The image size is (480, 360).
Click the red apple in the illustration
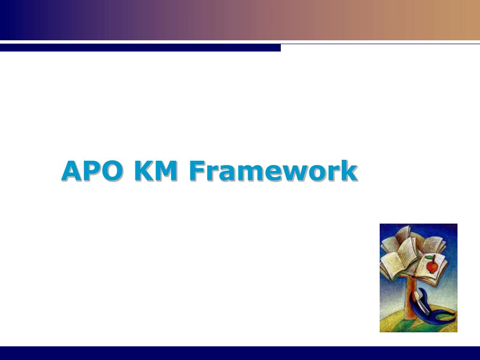pos(432,267)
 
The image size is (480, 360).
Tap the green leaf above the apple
pos(433,257)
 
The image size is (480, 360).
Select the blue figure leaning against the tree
pos(424,309)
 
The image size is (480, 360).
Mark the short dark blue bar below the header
pos(140,47)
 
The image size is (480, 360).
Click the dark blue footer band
pos(240,353)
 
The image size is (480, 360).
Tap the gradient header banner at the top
pos(240,20)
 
